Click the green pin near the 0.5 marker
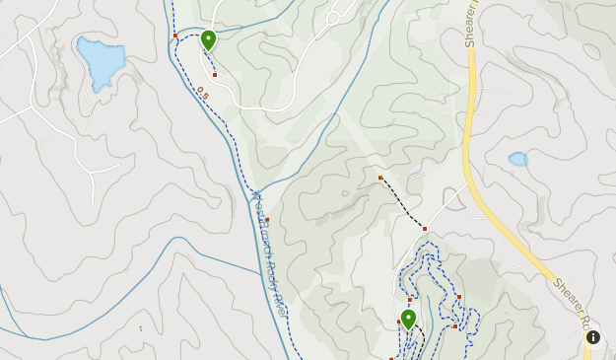point(208,39)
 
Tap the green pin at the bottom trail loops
point(408,319)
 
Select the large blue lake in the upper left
point(101,62)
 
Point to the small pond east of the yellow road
point(517,159)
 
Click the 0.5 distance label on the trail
point(202,94)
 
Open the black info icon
point(593,337)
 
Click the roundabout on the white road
point(333,18)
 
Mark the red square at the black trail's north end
point(380,178)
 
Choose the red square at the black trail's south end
point(425,229)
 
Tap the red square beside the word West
point(267,220)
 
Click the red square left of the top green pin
point(175,36)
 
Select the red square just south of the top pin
point(215,75)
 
